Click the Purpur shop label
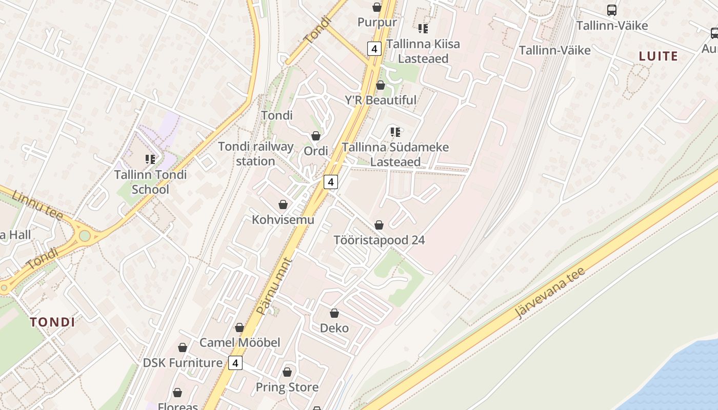pyautogui.click(x=377, y=22)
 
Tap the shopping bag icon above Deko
pyautogui.click(x=334, y=313)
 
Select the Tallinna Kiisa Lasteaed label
pyautogui.click(x=423, y=51)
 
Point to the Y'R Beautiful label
pyautogui.click(x=381, y=100)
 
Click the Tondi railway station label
pyautogui.click(x=256, y=154)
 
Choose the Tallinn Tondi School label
pyautogui.click(x=150, y=182)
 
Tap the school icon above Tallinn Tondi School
pyautogui.click(x=150, y=159)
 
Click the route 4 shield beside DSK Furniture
pyautogui.click(x=235, y=363)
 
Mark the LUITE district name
pyautogui.click(x=659, y=56)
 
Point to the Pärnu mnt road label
pyautogui.click(x=274, y=286)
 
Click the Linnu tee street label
pyautogui.click(x=37, y=205)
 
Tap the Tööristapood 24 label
pyautogui.click(x=379, y=240)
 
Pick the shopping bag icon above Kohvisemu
pyautogui.click(x=283, y=205)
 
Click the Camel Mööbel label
pyautogui.click(x=240, y=342)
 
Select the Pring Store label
pyautogui.click(x=287, y=387)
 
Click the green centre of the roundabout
pyautogui.click(x=85, y=236)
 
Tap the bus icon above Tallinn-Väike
pyautogui.click(x=612, y=10)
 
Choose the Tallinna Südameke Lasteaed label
pyautogui.click(x=395, y=154)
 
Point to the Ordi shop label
pyautogui.click(x=316, y=151)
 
